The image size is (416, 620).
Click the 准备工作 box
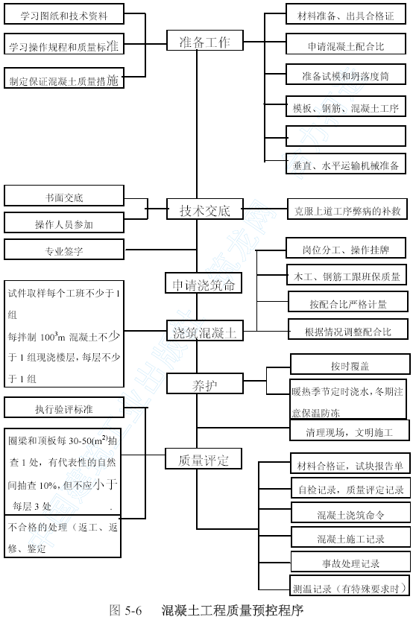205,40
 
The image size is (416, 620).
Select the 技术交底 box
205,209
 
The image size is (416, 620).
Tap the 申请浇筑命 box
204,282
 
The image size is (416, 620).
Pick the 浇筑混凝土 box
205,331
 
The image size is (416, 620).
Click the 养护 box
205,383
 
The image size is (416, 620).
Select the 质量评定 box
204,459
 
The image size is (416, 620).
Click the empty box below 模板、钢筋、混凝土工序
346,136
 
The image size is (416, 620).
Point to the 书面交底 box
64,196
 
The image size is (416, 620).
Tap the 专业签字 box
64,249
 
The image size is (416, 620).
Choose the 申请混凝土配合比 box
346,44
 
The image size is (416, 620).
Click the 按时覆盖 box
350,364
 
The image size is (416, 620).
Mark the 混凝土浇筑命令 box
350,513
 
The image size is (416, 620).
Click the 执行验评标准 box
64,408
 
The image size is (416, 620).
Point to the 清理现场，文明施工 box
350,430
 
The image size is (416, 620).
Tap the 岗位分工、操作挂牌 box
346,248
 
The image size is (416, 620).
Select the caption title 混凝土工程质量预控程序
232,610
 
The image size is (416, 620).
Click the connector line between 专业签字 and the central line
160,250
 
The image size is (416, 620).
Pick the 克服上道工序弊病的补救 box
347,209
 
